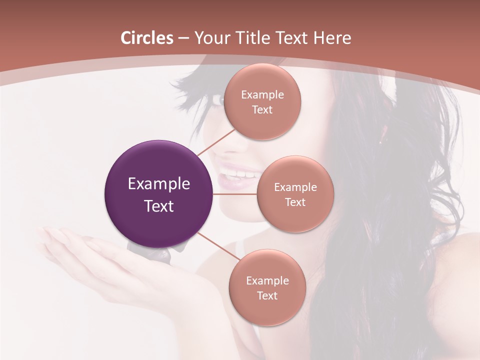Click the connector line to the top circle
[215, 143]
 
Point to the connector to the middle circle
[235, 193]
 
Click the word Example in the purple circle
[159, 184]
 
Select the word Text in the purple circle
[159, 206]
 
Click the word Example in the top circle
[262, 95]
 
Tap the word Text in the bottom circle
[267, 296]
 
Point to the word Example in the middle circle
[295, 187]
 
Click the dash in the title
[183, 38]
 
